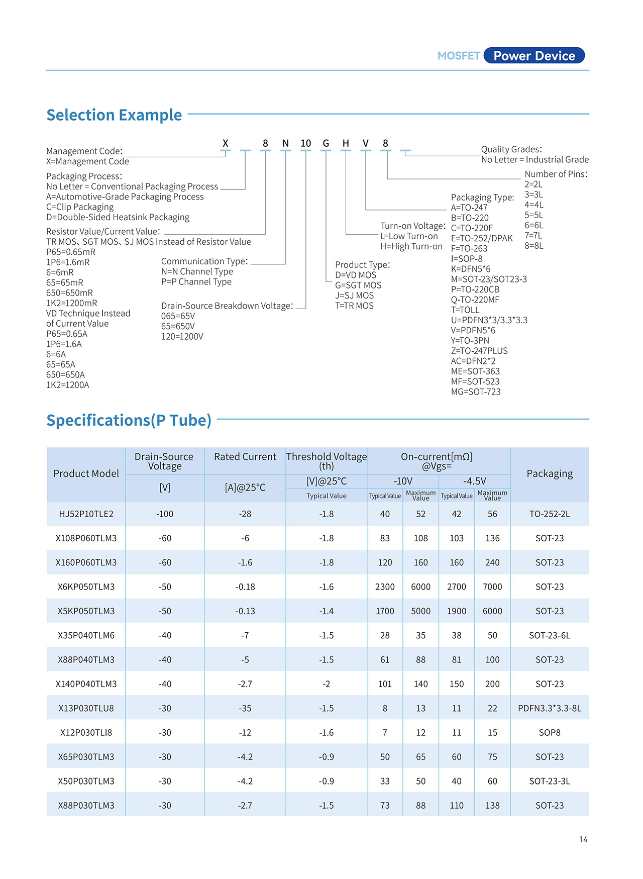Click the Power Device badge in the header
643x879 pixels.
coord(534,56)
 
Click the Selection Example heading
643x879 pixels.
coord(114,115)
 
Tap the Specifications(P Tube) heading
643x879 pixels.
coord(129,420)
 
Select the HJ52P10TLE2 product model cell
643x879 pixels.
coord(86,514)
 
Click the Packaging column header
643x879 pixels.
coord(550,473)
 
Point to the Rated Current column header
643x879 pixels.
coord(245,457)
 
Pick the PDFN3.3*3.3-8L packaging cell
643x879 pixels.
coord(550,708)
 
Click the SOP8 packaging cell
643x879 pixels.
coord(550,733)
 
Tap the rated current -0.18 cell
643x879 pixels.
coord(245,587)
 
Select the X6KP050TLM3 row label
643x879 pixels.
coord(86,587)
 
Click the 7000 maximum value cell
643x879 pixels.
coord(492,587)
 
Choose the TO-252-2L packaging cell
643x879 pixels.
coord(550,514)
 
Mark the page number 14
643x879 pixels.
coord(583,839)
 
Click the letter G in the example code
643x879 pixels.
coord(326,144)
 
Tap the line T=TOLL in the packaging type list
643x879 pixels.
coord(465,310)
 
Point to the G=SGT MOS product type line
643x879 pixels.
coord(358,285)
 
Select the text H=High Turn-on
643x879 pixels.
coord(411,247)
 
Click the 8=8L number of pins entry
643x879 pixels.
coord(534,246)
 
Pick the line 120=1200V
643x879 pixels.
coord(182,337)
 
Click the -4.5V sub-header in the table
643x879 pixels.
coord(474,481)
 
